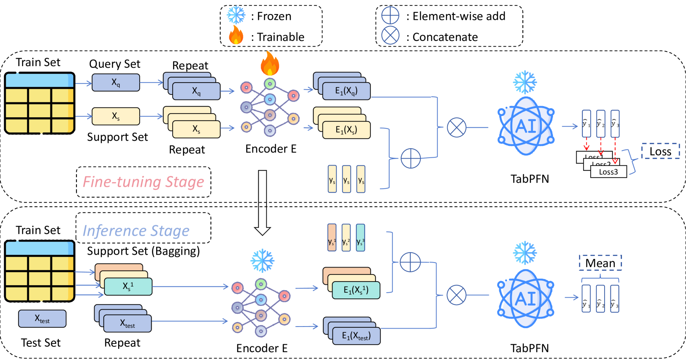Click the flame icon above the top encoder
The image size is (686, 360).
pos(270,64)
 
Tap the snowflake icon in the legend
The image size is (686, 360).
pos(236,15)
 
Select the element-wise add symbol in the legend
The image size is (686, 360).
pos(390,15)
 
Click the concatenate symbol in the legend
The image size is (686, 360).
pos(390,36)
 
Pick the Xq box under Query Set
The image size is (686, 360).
pos(116,83)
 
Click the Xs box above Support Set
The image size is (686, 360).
pos(116,116)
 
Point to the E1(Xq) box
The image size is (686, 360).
pos(347,91)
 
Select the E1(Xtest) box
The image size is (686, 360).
pos(356,336)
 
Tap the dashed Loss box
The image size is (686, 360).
pos(660,151)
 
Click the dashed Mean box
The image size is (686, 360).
pos(600,263)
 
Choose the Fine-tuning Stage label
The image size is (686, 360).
pos(143,182)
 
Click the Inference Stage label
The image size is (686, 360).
pos(136,230)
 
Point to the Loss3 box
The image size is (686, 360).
pos(609,172)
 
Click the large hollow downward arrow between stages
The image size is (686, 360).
pos(262,202)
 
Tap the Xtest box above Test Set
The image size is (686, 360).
pos(42,319)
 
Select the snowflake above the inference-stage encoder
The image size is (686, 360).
pos(262,261)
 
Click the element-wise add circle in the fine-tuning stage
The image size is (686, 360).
pos(411,158)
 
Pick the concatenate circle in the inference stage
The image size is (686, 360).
pos(456,295)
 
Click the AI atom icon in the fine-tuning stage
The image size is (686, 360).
pos(526,126)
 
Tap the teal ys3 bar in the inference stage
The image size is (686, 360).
pos(361,238)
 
